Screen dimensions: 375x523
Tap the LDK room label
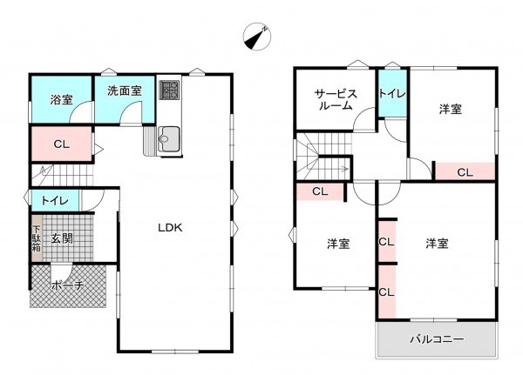click(169, 227)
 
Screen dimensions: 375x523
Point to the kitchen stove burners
click(169, 91)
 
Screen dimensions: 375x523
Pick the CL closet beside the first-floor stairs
click(60, 144)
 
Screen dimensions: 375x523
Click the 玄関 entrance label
click(61, 238)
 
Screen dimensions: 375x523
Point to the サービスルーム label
click(334, 99)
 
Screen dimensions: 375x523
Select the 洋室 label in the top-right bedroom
click(451, 110)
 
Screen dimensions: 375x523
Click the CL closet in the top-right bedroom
click(465, 172)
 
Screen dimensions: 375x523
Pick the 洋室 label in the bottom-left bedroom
click(338, 244)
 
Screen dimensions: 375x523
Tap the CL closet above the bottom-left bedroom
click(319, 191)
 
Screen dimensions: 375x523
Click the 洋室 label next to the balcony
click(438, 244)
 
